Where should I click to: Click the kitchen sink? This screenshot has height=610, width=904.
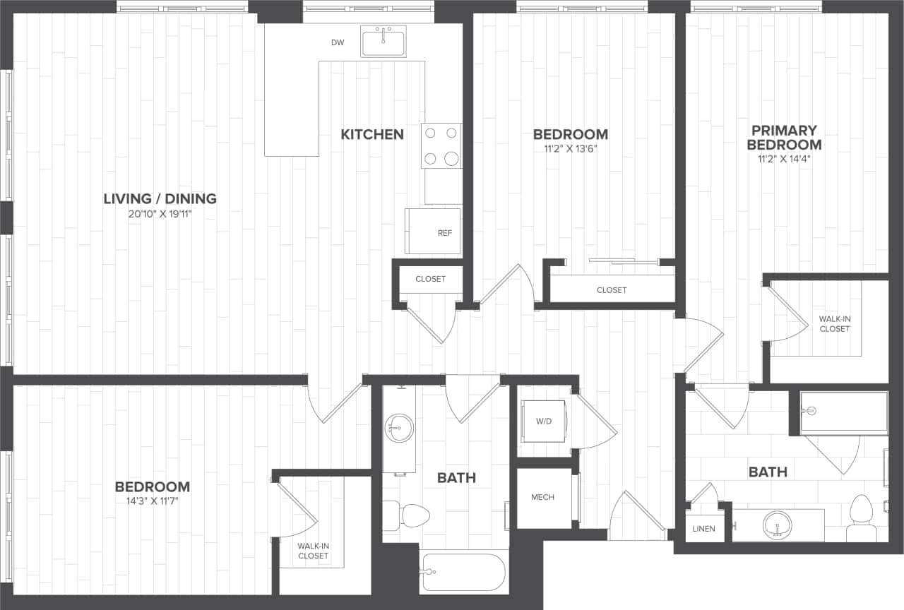pos(383,41)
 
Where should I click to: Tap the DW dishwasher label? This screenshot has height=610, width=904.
pos(338,43)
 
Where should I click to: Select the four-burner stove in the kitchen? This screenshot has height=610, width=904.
pos(441,145)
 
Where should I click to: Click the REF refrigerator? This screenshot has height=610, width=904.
pos(432,231)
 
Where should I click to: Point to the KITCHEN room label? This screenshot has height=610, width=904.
pos(372,134)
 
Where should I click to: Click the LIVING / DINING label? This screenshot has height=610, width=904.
pos(160,198)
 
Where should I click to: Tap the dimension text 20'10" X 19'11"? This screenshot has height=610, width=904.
pos(160,214)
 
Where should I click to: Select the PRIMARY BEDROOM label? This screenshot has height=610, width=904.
pos(784,138)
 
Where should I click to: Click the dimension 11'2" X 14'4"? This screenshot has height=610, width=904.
pos(784,159)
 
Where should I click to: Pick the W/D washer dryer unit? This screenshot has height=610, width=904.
pos(542,421)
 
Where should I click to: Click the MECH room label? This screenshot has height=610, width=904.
pos(542,497)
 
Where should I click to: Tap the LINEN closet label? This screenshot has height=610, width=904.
pos(703,529)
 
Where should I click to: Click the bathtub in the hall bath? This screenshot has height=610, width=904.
pos(463,572)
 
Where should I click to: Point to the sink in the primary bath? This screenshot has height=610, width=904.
pos(778,525)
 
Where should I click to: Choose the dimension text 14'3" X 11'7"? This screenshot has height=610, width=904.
pos(152,502)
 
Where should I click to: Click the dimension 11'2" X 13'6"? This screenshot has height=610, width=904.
pos(570,149)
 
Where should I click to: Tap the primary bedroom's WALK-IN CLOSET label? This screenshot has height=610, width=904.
pos(834,323)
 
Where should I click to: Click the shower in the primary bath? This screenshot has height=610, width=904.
pos(844,412)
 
